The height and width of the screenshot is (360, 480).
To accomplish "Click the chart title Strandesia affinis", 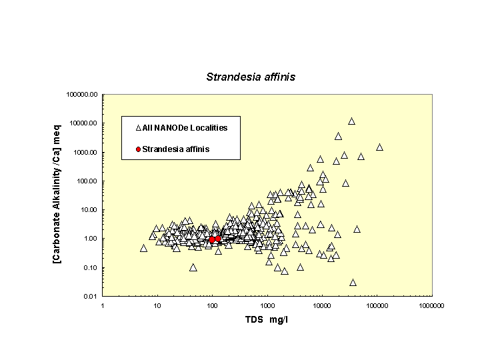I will pyautogui.click(x=250, y=77).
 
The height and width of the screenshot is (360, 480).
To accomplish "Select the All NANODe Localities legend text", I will pyautogui.click(x=185, y=127).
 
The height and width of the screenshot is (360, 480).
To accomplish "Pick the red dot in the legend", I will pyautogui.click(x=138, y=149).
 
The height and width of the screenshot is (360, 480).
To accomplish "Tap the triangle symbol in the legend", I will pyautogui.click(x=138, y=127).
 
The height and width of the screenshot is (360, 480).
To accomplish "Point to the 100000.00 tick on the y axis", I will pyautogui.click(x=83, y=95).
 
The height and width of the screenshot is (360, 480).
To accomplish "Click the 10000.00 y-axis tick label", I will pyautogui.click(x=84, y=123).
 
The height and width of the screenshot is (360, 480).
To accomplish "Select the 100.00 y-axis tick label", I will pyautogui.click(x=87, y=181).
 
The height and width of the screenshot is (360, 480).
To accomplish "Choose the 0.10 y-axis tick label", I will pyautogui.click(x=90, y=267).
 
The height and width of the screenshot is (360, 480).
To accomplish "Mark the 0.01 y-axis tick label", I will pyautogui.click(x=90, y=296).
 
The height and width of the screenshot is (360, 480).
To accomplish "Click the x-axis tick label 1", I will pyautogui.click(x=103, y=305).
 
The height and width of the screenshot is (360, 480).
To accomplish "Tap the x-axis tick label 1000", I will pyautogui.click(x=267, y=305).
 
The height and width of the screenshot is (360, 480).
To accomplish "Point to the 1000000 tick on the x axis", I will pyautogui.click(x=432, y=305).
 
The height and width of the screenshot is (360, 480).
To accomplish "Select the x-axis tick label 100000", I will pyautogui.click(x=377, y=305).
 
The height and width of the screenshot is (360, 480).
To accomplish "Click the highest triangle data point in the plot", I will pyautogui.click(x=351, y=121).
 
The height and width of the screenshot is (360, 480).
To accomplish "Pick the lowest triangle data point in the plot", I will pyautogui.click(x=353, y=283).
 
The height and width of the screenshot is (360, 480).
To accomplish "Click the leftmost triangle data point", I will pyautogui.click(x=143, y=248).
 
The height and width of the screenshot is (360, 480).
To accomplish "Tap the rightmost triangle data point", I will pyautogui.click(x=379, y=147).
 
